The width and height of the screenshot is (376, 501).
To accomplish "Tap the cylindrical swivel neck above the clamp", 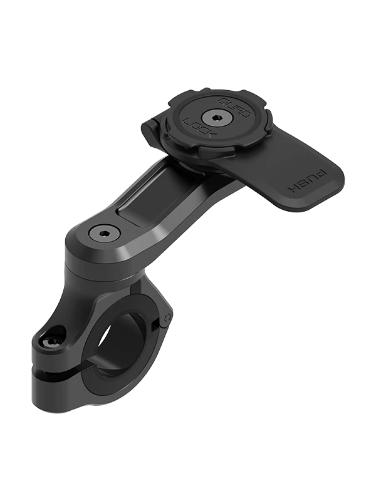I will (x=94, y=266).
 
